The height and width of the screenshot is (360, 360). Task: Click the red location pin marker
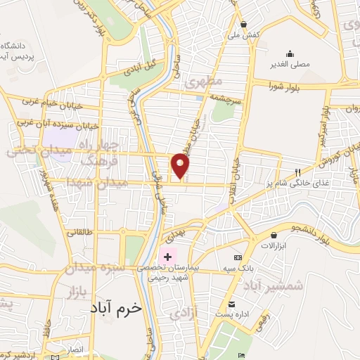[181, 166]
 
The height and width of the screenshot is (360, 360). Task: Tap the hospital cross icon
[167, 257]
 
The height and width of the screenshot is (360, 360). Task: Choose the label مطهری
[204, 82]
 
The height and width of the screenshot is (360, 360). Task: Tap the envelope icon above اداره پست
[231, 304]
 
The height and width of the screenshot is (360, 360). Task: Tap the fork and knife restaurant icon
[297, 172]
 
